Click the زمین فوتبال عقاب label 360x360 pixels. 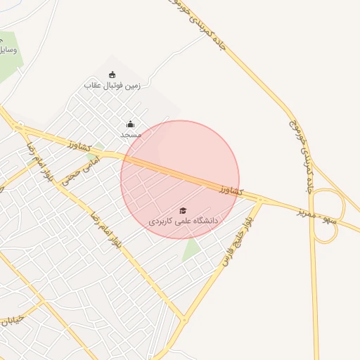click(112, 86)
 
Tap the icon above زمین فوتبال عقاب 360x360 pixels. click(112, 75)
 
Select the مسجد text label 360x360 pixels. click(131, 134)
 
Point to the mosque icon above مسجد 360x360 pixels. click(130, 124)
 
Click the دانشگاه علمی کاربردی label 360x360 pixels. click(184, 221)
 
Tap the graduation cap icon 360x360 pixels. click(184, 210)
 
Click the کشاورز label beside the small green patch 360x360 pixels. click(82, 146)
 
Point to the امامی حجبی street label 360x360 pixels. click(82, 171)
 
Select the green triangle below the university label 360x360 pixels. click(191, 250)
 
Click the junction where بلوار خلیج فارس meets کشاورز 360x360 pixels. click(260, 200)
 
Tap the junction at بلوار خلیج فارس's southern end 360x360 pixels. click(185, 320)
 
